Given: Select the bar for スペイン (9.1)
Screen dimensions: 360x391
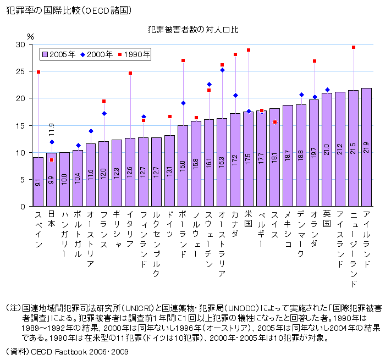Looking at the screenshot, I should (38, 182).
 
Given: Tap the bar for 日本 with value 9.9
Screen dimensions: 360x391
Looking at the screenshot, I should (51, 180).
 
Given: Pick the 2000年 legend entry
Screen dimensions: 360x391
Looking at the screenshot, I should (97, 54).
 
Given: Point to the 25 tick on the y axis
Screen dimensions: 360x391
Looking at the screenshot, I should (21, 71).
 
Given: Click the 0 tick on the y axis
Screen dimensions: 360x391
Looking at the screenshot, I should (24, 207).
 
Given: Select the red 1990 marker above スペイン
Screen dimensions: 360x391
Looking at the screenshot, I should (38, 72).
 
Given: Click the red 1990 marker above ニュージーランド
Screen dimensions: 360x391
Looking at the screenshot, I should (353, 47).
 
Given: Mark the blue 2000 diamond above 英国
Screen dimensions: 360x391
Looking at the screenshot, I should (327, 90).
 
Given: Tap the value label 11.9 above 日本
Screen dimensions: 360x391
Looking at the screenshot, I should (52, 130).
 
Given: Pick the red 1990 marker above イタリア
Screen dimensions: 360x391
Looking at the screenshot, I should (130, 73).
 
